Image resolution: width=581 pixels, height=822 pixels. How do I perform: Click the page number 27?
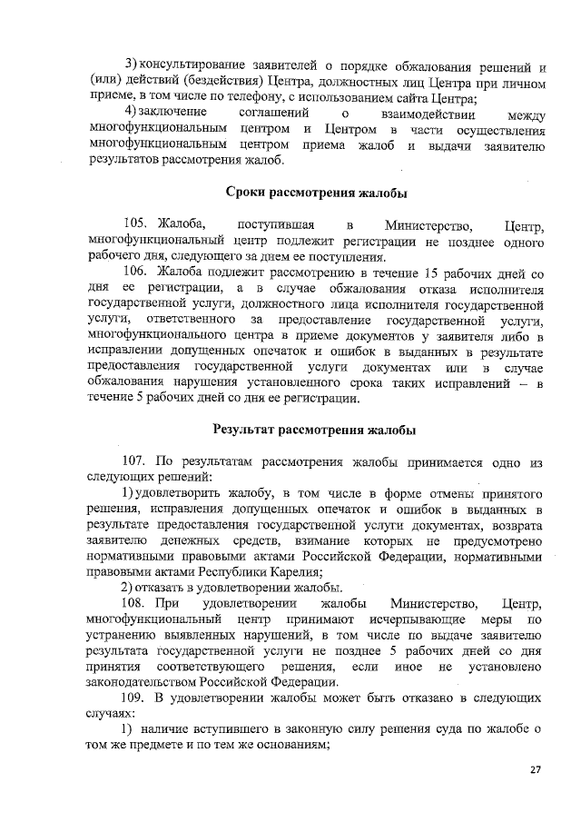(535, 769)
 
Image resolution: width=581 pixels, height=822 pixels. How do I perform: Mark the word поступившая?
(275, 224)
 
